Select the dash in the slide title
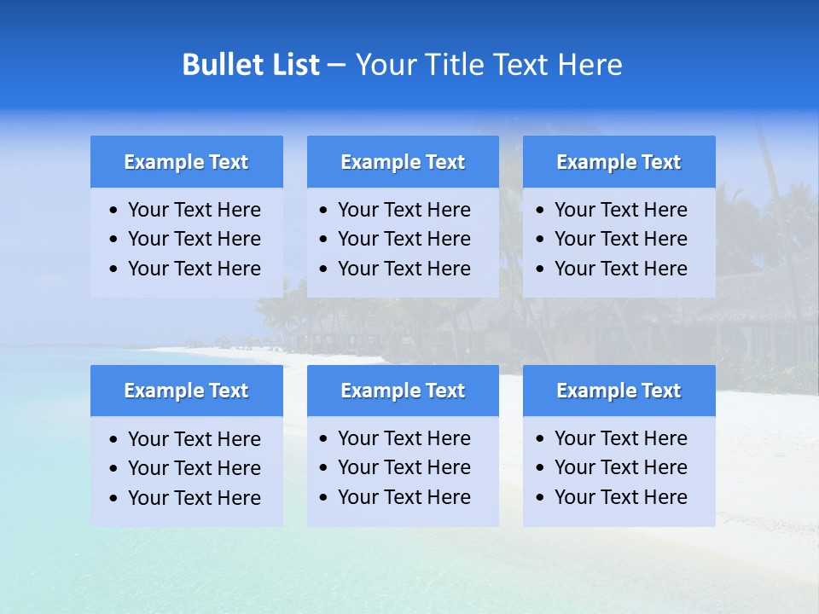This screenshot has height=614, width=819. tap(336, 65)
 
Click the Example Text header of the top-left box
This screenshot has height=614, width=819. tap(186, 162)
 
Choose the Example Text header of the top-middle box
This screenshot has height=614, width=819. tap(403, 162)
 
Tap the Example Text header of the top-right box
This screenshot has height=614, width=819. tap(619, 162)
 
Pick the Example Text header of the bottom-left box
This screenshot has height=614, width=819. tap(186, 391)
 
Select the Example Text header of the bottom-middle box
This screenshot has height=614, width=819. tap(403, 391)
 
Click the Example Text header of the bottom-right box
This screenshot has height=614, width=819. tap(619, 391)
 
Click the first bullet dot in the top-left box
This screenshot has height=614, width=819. tap(114, 211)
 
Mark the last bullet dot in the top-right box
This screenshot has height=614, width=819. tap(541, 269)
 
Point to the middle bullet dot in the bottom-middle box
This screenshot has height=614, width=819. tap(324, 468)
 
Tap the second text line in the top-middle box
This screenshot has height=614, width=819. tap(404, 239)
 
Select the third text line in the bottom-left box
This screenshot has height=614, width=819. tap(194, 498)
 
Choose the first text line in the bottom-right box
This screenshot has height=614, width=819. tap(620, 438)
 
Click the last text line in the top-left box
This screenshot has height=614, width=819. tap(194, 269)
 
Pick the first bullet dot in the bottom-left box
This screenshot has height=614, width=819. tap(114, 440)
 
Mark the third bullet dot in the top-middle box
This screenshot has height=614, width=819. tap(324, 269)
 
